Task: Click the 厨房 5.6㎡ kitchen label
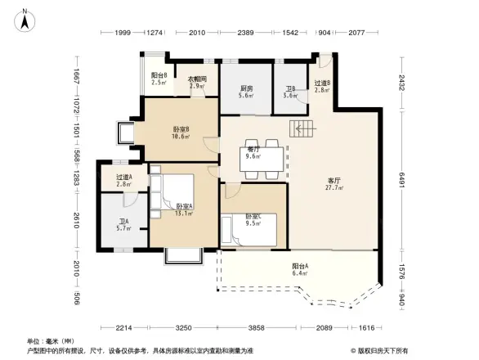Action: [x=246, y=92]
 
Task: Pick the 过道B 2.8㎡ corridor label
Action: [x=322, y=87]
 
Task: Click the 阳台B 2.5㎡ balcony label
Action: [x=159, y=79]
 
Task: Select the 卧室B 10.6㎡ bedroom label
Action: [x=181, y=133]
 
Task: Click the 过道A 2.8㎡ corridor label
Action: [x=124, y=181]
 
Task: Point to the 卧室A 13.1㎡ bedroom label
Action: [x=185, y=209]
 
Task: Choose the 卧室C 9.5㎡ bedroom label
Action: [x=253, y=220]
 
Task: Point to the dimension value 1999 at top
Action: [x=123, y=33]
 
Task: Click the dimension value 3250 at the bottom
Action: [x=186, y=327]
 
